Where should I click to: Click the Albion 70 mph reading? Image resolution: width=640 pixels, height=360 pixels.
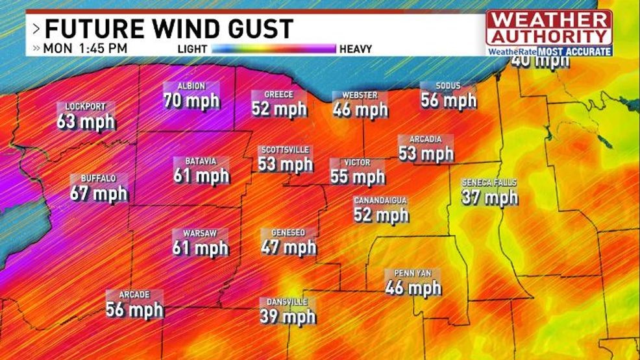pos(191,101)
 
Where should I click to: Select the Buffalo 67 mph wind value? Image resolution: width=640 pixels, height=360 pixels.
pos(99,193)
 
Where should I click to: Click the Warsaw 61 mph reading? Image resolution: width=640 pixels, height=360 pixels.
pos(201,247)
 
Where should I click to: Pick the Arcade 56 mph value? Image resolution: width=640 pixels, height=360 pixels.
pos(134,309)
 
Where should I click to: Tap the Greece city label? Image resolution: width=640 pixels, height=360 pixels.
pos(278,95)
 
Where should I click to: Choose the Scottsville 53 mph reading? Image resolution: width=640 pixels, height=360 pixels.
pos(286,164)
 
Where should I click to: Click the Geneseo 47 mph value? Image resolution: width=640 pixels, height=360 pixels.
pos(288,247)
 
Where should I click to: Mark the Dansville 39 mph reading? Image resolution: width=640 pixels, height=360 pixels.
pos(288,316)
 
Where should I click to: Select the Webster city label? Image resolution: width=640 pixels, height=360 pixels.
pos(360,95)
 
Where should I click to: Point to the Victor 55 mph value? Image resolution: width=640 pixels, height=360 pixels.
pos(358,176)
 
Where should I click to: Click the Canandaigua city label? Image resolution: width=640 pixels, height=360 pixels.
pos(380,201)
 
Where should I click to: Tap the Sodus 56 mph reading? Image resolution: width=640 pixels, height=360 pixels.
pos(449,100)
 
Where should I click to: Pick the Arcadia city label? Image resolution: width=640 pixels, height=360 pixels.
pos(425,139)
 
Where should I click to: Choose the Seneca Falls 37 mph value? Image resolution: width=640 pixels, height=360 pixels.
pos(489,197)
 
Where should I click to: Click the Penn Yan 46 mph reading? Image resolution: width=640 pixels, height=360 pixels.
pos(413,287)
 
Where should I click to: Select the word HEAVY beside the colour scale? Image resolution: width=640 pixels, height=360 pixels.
pos(355,49)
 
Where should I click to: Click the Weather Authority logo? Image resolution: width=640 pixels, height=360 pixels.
pos(548,32)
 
